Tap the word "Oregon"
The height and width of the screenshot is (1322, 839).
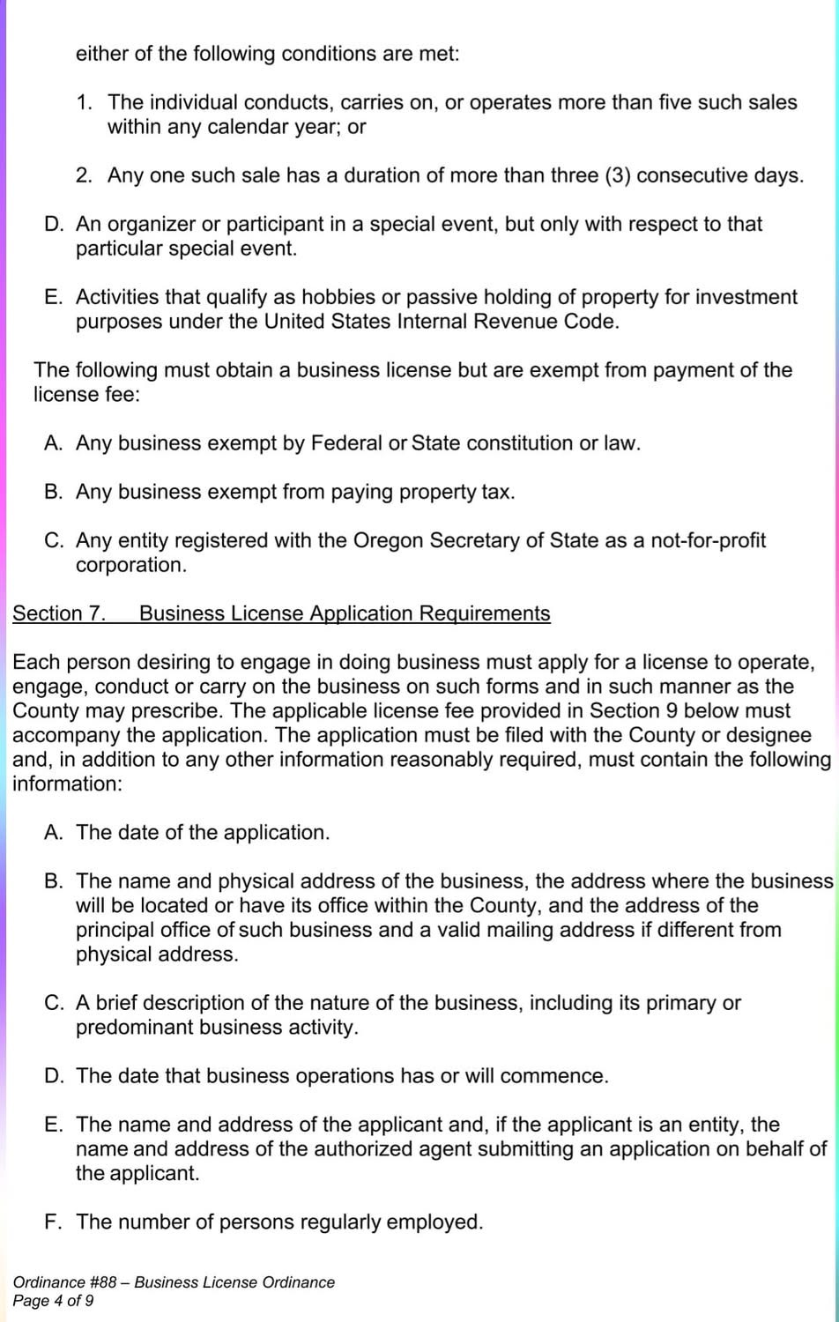point(388,540)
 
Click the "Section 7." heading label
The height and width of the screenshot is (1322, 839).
point(59,613)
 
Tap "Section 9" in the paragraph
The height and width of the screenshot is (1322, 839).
point(633,711)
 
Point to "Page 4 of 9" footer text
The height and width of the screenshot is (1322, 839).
point(53,1301)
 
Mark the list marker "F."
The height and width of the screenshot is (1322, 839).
point(54,1222)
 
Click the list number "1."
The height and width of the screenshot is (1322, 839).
point(85,103)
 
